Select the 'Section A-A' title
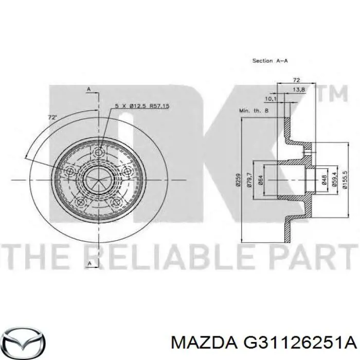[270, 61]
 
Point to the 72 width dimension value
[296, 80]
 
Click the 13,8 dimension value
[299, 90]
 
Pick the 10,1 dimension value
[271, 99]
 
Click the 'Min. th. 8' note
[254, 111]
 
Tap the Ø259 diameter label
[239, 180]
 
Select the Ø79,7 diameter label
[250, 180]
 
